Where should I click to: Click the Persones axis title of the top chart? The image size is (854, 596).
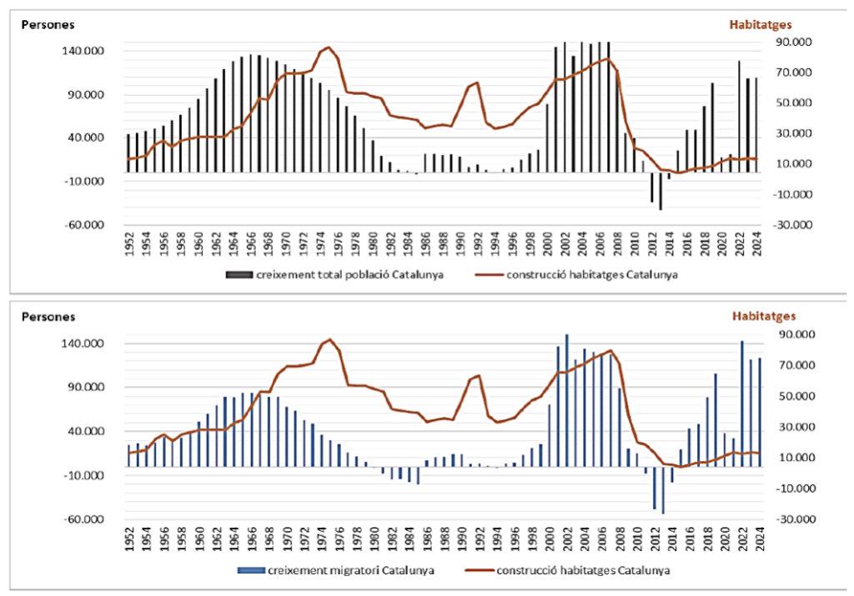pyautogui.click(x=48, y=24)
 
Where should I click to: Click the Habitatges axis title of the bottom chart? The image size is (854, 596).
pyautogui.click(x=764, y=316)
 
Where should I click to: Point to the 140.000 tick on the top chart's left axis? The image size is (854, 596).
pyautogui.click(x=86, y=52)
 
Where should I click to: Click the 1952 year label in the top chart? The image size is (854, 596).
pyautogui.click(x=128, y=243)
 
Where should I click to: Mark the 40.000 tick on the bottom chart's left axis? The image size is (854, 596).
pyautogui.click(x=89, y=432)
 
